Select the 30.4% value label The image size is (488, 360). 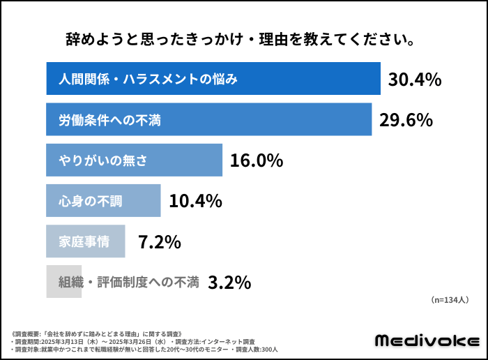point(415,80)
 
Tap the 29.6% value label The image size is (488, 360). point(406,121)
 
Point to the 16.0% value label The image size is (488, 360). point(257,161)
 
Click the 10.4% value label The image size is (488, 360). point(195,202)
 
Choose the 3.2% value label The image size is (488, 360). point(229,283)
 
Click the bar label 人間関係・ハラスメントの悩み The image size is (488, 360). point(148,80)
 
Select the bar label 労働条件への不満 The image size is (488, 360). point(110,121)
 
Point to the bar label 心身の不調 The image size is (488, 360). point(91,202)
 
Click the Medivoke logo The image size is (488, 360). point(427,340)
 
